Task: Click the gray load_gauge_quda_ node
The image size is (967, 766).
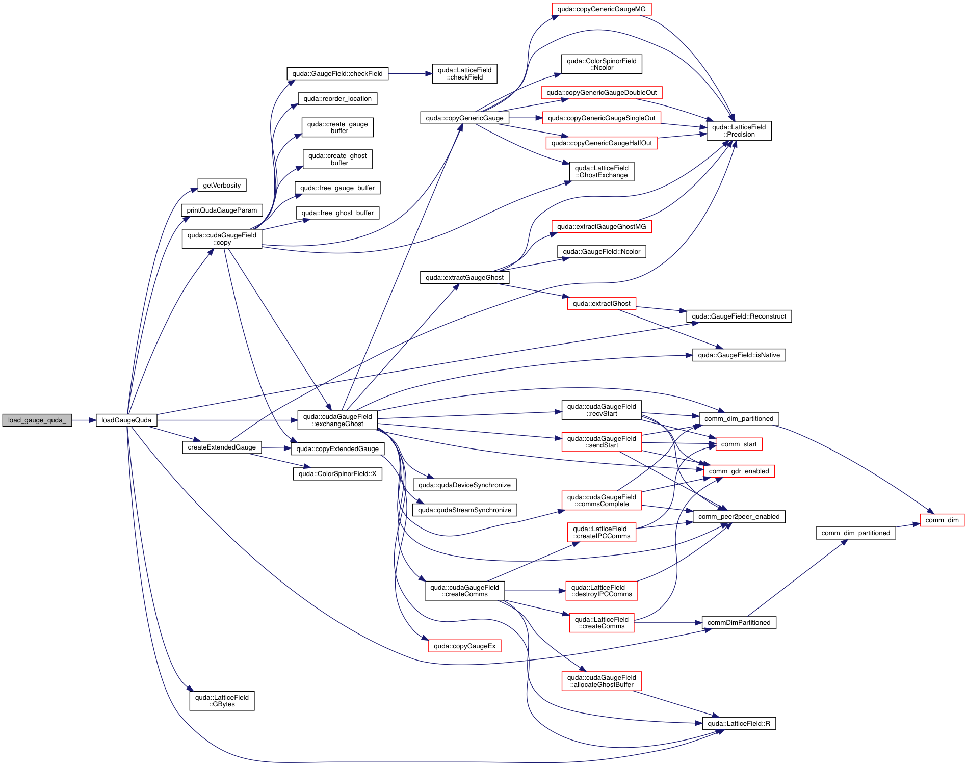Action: pyautogui.click(x=37, y=420)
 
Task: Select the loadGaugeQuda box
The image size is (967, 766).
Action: pyautogui.click(x=126, y=420)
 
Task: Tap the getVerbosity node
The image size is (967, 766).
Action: pyautogui.click(x=222, y=186)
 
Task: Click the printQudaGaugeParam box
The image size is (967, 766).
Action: pyautogui.click(x=222, y=210)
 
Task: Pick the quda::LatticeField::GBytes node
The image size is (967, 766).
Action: pyautogui.click(x=222, y=701)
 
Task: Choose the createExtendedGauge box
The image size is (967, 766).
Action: pyautogui.click(x=222, y=447)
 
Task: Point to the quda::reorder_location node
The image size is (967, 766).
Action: pyautogui.click(x=337, y=99)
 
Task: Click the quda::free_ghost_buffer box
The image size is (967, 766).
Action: pyautogui.click(x=337, y=213)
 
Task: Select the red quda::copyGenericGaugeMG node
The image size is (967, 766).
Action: pyautogui.click(x=602, y=9)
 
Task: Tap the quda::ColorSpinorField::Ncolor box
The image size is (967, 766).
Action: pyautogui.click(x=602, y=64)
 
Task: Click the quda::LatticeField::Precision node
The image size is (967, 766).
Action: pyautogui.click(x=739, y=131)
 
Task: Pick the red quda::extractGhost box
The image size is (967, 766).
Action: pyautogui.click(x=602, y=304)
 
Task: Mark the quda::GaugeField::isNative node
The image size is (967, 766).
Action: pyautogui.click(x=739, y=355)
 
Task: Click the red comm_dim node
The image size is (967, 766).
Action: pyautogui.click(x=942, y=520)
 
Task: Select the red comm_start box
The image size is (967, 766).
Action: pyautogui.click(x=739, y=444)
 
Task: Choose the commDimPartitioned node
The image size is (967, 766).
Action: pyautogui.click(x=739, y=623)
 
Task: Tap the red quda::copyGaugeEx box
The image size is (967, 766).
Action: pyautogui.click(x=464, y=646)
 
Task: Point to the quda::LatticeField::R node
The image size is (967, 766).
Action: pyautogui.click(x=739, y=724)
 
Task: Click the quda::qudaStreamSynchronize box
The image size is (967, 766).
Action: pyautogui.click(x=464, y=510)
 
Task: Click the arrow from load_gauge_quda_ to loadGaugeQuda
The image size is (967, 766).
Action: pyautogui.click(x=84, y=420)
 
